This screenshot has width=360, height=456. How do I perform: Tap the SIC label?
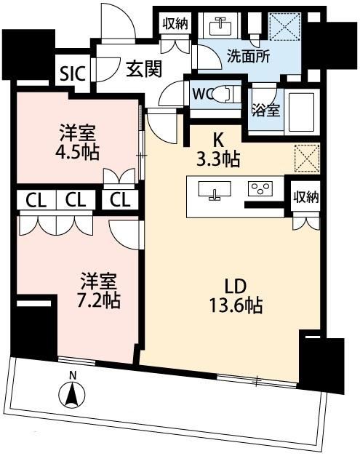coord(73,74)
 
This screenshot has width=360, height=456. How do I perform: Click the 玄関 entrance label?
coord(144,69)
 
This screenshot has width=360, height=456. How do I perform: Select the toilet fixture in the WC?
coord(224,95)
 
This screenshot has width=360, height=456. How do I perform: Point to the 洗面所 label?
coord(248,56)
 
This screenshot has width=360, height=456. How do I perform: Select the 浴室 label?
coord(265,110)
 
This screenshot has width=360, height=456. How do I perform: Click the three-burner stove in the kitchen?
coord(260,188)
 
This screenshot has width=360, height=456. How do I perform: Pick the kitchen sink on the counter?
coord(215,190)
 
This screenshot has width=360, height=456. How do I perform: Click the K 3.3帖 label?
coord(218,151)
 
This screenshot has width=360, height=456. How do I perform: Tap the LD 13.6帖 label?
coord(236,296)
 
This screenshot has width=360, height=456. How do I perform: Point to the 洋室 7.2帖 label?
coord(98,290)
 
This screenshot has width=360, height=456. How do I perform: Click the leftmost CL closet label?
coord(36,200)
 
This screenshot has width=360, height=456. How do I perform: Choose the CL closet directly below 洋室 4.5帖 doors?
coord(120,200)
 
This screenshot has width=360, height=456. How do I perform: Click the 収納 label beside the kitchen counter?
coord(305,198)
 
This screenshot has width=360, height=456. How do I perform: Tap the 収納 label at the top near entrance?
coord(175,24)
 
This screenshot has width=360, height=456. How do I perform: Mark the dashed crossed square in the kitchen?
coord(307,158)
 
